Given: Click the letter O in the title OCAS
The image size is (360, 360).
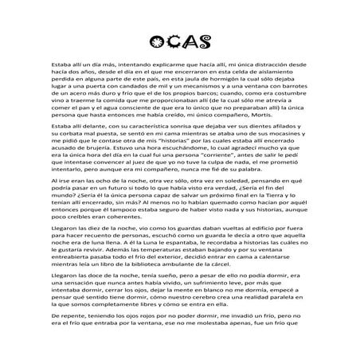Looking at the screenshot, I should point(156,41).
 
